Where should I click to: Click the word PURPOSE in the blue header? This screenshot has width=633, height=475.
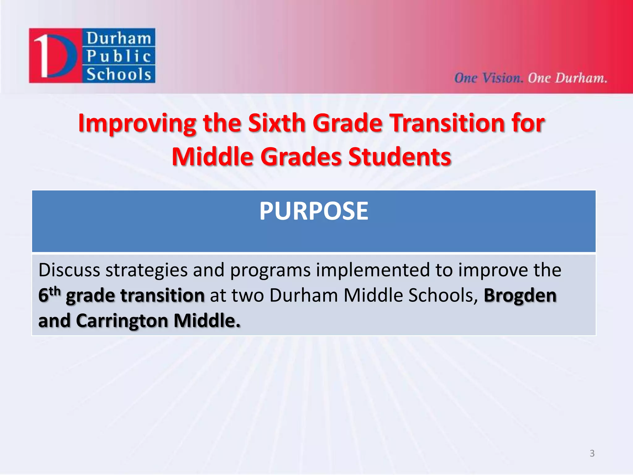click(313, 211)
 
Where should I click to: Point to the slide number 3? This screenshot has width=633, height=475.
click(592, 453)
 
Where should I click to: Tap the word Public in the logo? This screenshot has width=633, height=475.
click(119, 56)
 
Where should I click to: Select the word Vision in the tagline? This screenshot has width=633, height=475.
click(503, 78)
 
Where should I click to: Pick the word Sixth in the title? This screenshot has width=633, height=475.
click(277, 123)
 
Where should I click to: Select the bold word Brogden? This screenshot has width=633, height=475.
click(520, 295)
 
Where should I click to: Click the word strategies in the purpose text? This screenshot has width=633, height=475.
click(147, 270)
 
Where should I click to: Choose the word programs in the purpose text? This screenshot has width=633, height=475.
click(270, 270)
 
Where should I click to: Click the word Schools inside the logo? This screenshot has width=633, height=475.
click(119, 75)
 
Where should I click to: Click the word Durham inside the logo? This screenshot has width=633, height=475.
click(119, 38)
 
